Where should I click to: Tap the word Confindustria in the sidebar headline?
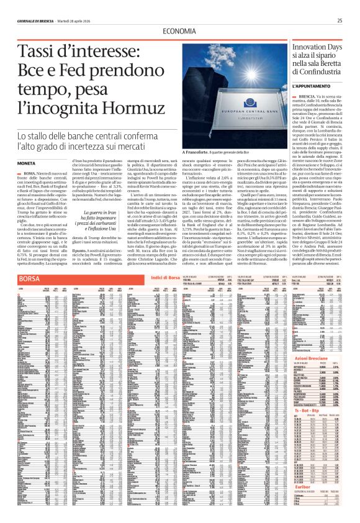(x=316, y=73)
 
